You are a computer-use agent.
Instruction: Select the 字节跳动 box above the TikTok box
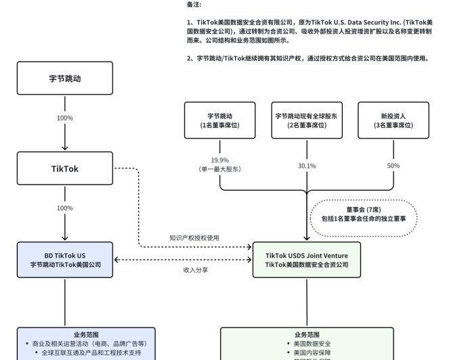point(65,78)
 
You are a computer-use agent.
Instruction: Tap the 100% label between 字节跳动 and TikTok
point(65,118)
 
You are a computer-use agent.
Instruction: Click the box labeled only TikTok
point(65,168)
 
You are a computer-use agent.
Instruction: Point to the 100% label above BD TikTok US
point(65,208)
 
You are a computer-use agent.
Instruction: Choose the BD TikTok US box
point(65,260)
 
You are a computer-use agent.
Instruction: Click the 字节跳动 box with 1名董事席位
point(220,120)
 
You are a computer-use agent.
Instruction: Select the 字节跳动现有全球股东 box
point(306,120)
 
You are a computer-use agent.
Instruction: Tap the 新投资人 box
point(393,120)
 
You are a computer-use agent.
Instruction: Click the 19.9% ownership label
point(219,160)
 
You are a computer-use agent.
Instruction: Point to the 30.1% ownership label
point(306,166)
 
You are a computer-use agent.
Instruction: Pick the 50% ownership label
point(393,166)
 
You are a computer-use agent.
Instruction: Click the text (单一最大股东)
point(219,168)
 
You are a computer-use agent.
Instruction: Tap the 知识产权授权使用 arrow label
point(194,238)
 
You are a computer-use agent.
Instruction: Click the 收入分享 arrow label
point(195,269)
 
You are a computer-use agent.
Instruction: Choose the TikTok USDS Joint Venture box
point(307,260)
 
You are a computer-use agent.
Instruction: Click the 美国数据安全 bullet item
point(312,344)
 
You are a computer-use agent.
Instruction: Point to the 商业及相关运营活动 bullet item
point(89,344)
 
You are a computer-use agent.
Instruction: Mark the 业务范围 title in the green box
point(307,334)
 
